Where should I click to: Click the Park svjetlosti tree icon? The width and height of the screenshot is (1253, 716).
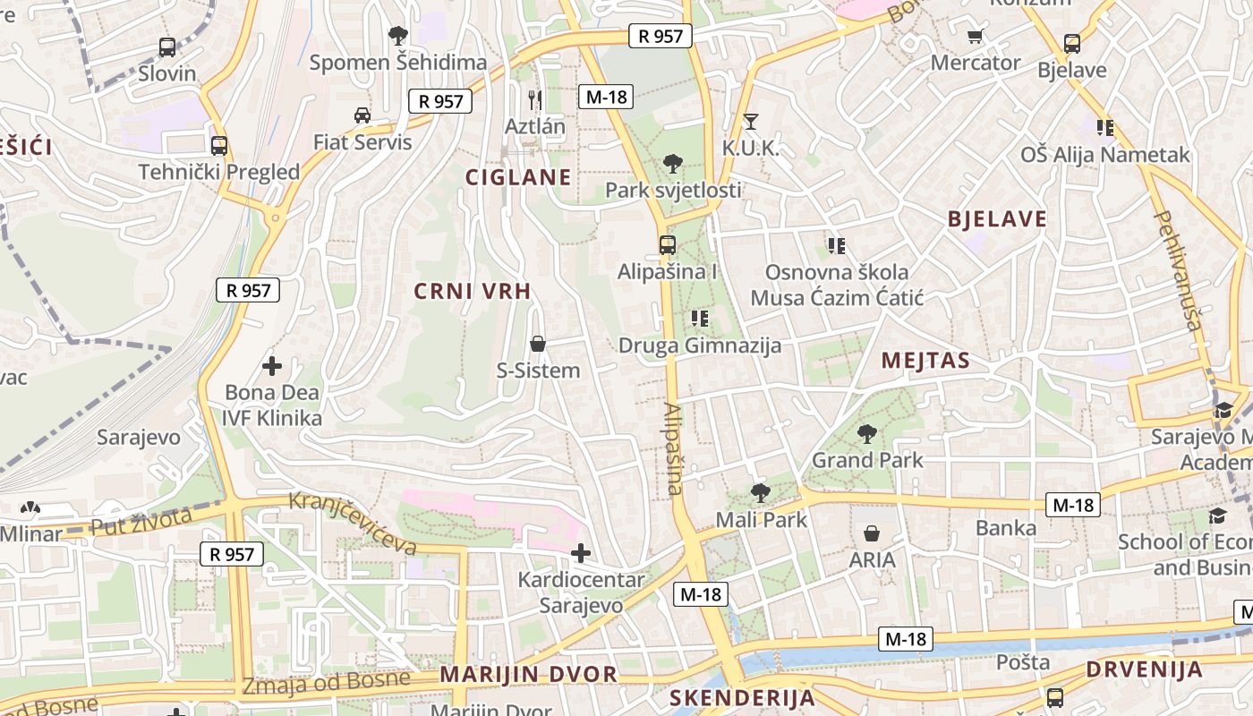672,164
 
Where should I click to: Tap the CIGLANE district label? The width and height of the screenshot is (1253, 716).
518,177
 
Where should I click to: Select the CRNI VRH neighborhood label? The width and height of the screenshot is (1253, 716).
473,291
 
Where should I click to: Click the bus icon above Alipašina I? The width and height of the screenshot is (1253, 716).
667,244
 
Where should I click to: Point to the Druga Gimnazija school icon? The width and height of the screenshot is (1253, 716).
700,318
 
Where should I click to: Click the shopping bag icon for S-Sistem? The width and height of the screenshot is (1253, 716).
538,344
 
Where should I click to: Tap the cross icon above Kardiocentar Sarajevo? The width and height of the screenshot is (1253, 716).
581,553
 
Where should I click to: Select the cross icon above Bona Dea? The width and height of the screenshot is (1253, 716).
272,365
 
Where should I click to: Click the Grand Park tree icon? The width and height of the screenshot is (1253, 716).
866,434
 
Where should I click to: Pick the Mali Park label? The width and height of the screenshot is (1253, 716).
761,519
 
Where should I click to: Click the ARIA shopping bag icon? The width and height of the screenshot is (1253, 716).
872,533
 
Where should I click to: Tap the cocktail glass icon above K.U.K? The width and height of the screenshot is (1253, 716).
750,121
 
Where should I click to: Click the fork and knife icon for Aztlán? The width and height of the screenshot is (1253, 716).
535,99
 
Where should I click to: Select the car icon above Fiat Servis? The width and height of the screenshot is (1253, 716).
362,115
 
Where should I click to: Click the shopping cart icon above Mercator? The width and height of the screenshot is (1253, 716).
975,36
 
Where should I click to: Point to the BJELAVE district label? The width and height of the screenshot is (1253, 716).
997,219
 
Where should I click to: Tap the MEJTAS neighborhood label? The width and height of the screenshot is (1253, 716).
925,361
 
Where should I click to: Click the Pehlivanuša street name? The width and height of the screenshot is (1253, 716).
1178,270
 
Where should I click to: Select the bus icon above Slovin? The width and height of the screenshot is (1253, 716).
166,47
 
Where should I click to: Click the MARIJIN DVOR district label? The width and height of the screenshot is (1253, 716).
529,675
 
